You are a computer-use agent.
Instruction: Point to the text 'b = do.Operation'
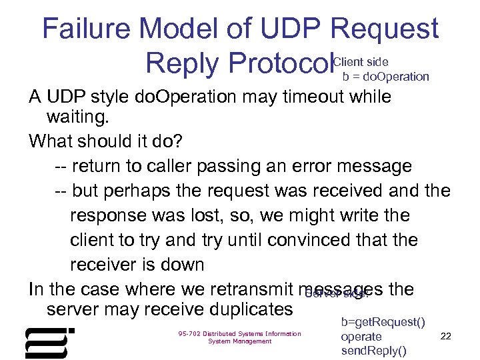coord(385,77)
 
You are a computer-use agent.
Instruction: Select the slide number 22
coord(446,336)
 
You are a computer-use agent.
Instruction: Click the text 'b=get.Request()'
coord(383,323)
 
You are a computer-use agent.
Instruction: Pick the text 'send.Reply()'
coord(373,351)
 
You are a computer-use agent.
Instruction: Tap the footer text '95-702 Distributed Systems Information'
coord(239,334)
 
